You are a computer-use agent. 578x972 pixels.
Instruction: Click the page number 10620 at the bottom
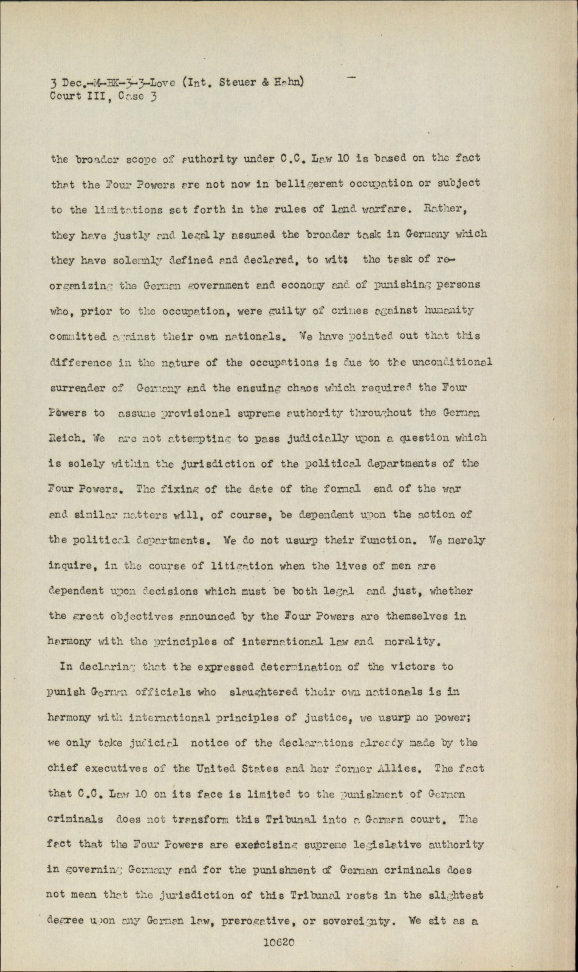click(280, 943)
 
